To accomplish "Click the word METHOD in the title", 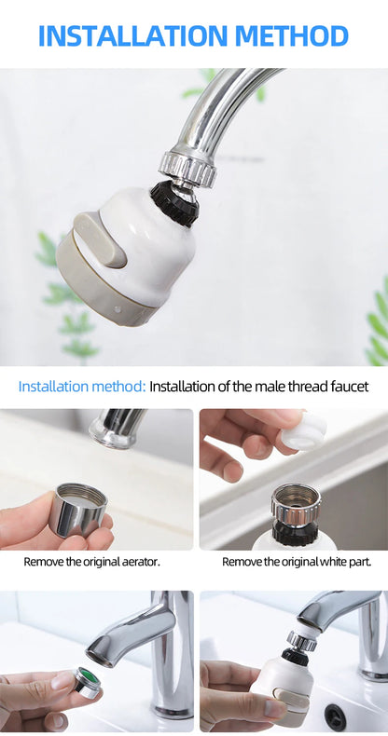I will coord(293,35).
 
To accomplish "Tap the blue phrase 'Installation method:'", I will coord(82,386).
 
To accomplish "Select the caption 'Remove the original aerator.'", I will coord(91,562).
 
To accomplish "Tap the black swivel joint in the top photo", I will coord(175,202).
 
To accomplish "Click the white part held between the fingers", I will coord(303,432).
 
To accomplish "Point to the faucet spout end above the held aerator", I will coord(115,429).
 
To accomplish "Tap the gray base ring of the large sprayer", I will coord(103,289).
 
